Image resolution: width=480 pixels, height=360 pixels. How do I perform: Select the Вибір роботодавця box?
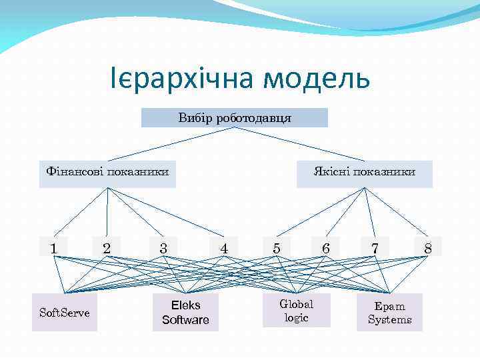pos(235,118)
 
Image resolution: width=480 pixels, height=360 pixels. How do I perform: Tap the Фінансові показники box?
pos(107,173)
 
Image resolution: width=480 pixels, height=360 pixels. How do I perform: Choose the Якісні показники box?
pos(364,173)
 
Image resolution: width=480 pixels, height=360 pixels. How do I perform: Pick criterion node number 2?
pos(107,247)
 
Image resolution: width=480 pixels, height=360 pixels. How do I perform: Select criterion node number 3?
pos(163,247)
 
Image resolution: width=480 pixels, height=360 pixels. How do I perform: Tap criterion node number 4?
pos(224,247)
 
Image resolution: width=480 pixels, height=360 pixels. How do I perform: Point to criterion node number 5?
pos(276,247)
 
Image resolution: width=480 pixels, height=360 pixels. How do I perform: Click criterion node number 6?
pos(325,247)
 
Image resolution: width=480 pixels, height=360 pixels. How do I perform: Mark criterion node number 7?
pos(375,247)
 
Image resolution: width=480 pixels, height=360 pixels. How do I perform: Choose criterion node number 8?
pos(428,247)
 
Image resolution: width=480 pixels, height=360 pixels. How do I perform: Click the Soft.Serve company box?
pos(65,312)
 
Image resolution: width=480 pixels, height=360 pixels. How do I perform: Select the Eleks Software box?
pos(185,312)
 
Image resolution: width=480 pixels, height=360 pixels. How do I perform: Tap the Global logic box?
pos(296,311)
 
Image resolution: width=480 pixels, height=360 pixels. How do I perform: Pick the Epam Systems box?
pos(389,312)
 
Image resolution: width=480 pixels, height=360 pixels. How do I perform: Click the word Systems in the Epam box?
pos(389,320)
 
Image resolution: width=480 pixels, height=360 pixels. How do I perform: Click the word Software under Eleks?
pos(185,320)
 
